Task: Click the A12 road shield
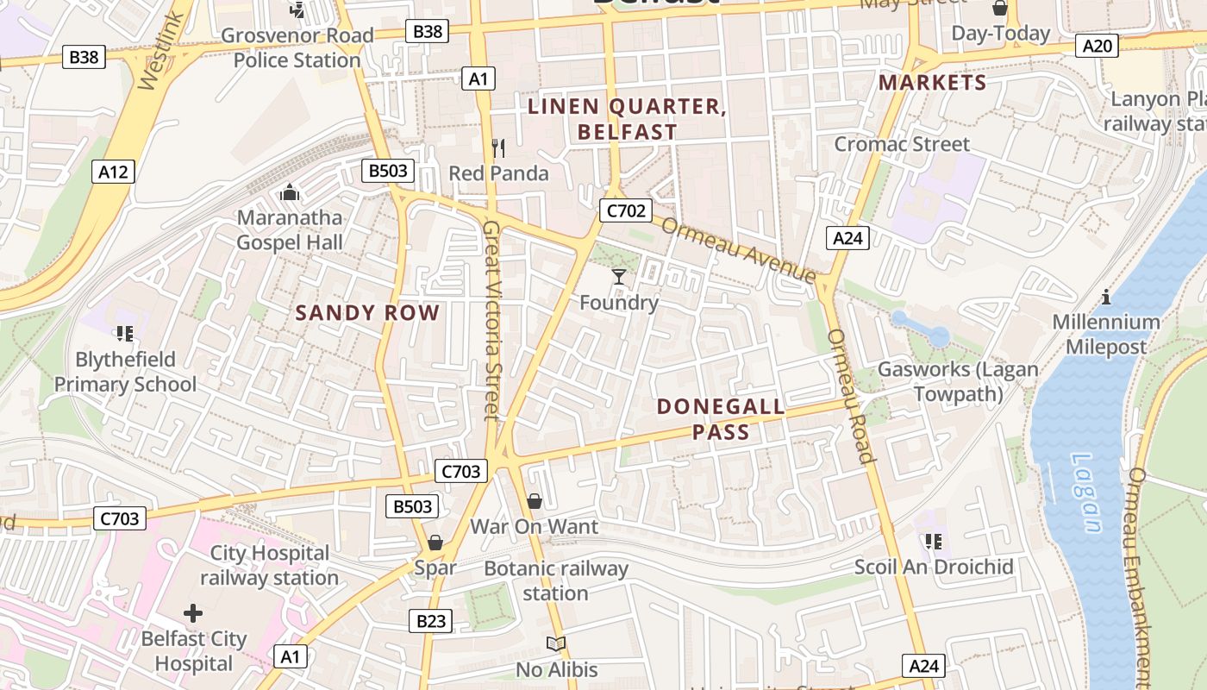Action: point(113,172)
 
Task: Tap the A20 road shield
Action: point(1097,45)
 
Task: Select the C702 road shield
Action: point(625,210)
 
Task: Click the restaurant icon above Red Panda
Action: point(497,148)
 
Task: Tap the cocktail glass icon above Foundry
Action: point(619,277)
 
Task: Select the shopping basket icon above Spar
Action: point(435,543)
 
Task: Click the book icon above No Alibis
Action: point(556,644)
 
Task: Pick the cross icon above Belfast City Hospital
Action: point(193,613)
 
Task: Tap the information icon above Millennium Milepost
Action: point(1106,298)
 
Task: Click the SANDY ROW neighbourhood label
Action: point(367,313)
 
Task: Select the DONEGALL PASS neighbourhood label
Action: point(721,418)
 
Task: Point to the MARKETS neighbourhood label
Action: point(932,83)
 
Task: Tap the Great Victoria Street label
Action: point(491,319)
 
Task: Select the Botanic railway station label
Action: point(556,580)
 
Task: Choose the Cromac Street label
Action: point(902,144)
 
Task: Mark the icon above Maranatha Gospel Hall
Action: point(289,191)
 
